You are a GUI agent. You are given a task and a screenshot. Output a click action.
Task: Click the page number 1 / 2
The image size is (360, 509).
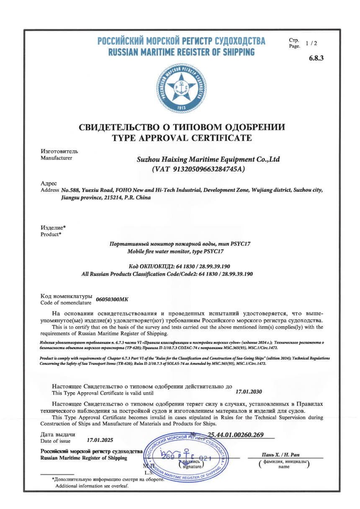click(x=312, y=43)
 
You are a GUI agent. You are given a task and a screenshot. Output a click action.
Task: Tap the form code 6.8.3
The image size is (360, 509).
click(x=316, y=58)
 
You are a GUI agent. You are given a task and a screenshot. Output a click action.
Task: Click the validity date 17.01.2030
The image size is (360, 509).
click(x=249, y=392)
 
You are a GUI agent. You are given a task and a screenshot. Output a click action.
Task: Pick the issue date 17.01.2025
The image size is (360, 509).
click(x=100, y=440)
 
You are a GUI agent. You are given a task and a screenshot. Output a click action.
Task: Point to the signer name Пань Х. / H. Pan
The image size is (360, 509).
click(x=283, y=455)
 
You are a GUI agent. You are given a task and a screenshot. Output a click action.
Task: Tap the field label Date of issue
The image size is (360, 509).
click(x=55, y=441)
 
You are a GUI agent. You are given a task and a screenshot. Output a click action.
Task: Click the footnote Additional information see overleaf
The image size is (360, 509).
click(x=92, y=486)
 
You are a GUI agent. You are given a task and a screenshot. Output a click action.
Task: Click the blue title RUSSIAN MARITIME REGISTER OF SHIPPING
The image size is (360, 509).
click(x=181, y=52)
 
